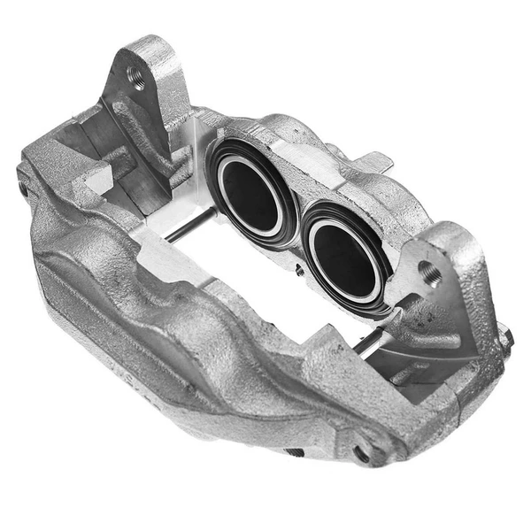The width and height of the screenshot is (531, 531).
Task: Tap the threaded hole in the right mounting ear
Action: pos(431,273)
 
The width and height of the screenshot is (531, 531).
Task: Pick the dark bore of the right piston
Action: pos(342,260)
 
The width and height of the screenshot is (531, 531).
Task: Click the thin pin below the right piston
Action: pos(372,340)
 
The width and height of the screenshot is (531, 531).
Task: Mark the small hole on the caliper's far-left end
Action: pos(23,189)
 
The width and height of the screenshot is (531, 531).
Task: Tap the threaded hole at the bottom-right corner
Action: pos(362,453)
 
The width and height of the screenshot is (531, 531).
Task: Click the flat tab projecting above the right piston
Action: pos(376,162)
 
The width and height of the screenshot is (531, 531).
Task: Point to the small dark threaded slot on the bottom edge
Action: pos(293,452)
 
